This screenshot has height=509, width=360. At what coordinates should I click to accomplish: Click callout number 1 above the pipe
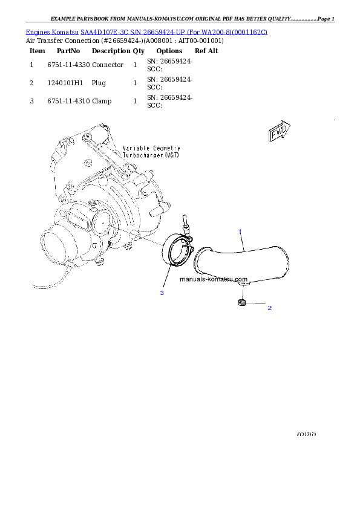click(240, 232)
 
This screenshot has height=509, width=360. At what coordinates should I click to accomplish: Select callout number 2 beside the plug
click(269, 308)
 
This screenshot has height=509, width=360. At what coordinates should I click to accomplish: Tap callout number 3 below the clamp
click(162, 293)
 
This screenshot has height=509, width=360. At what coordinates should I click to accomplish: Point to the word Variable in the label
click(137, 148)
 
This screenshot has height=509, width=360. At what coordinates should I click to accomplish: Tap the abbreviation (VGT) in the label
click(176, 155)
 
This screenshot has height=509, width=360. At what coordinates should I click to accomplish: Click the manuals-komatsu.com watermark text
click(214, 280)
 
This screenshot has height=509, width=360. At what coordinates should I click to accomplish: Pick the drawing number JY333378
click(307, 434)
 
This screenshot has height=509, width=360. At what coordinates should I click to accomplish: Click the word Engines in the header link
click(38, 31)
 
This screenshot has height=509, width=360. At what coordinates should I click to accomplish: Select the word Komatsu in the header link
click(66, 31)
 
